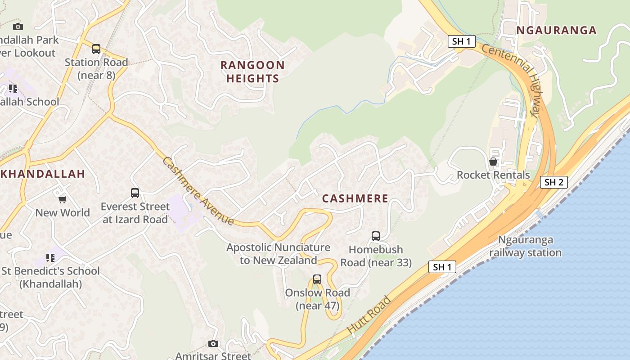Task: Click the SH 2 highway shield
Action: (x=553, y=182)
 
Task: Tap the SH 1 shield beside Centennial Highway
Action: (x=462, y=42)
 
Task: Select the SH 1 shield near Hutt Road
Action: (x=442, y=267)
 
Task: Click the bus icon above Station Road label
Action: (x=96, y=49)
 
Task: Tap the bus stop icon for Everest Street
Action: (x=135, y=193)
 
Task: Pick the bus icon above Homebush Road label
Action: (x=375, y=236)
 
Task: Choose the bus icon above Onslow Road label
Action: (x=317, y=279)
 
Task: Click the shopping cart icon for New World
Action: (x=62, y=199)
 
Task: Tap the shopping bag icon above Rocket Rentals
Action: (x=493, y=161)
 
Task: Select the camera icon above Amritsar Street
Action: (x=213, y=344)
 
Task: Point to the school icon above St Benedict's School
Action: (x=50, y=258)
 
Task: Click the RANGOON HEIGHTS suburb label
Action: (x=252, y=72)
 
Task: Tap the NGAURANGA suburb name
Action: (x=556, y=31)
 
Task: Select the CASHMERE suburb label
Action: (x=355, y=198)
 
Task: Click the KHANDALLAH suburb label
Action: (x=43, y=174)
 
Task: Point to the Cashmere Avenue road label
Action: (x=198, y=191)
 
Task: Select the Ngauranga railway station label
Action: (x=525, y=246)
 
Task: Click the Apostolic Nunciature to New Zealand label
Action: (x=278, y=254)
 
